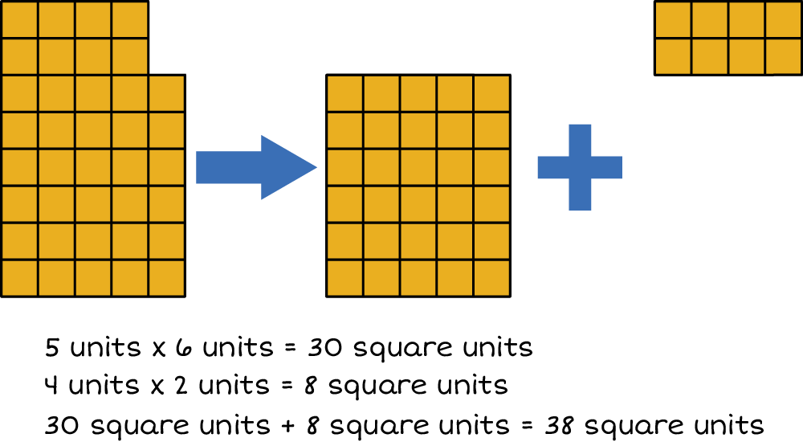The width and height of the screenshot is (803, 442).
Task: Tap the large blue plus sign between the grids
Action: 579,167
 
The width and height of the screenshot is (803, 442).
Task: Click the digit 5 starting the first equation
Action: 52,349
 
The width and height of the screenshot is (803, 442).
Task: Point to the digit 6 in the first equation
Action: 181,349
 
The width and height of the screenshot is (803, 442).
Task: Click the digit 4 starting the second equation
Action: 51,387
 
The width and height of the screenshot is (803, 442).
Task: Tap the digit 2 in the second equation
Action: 180,387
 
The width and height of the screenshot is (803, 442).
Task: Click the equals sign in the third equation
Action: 526,424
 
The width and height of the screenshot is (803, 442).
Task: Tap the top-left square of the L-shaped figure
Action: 19,19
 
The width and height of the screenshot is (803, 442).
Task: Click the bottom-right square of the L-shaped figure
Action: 167,279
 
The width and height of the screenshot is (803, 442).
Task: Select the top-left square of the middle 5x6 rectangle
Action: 344,93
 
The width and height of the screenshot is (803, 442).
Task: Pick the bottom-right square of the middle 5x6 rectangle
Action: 491,279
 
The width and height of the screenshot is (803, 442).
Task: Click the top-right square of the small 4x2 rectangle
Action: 783,19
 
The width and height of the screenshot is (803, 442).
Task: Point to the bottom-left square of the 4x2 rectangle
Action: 673,56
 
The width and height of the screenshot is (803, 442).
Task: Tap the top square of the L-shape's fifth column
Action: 167,93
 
